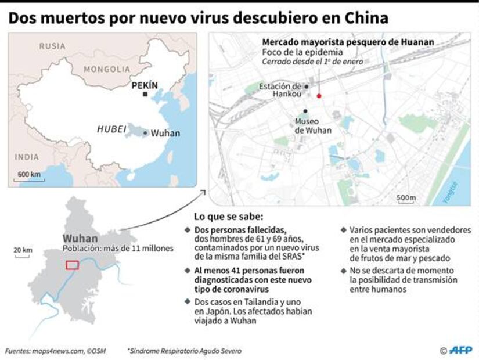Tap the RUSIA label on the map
coord(52,46)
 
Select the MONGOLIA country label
coord(107,69)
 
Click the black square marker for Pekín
coord(145,94)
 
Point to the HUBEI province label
coord(111,129)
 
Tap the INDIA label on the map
coord(27,157)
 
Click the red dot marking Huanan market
coord(319,96)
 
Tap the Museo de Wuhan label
coord(312,126)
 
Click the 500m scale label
coord(406,198)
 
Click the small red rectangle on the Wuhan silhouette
coord(72,265)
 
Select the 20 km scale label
coord(23,250)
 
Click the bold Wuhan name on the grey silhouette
coord(80,238)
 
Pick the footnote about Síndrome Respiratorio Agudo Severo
coord(185,351)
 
